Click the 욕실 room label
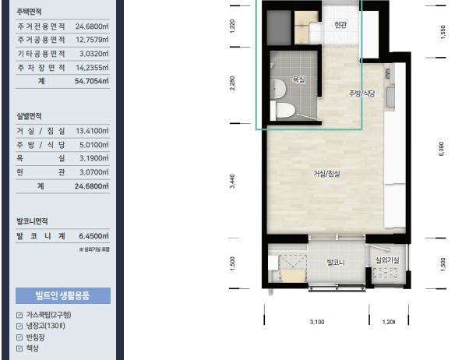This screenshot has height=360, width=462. point(299,79)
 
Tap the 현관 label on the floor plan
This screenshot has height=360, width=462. point(339,26)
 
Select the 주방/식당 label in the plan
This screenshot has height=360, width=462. point(362,94)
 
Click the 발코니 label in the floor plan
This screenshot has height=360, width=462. point(336,263)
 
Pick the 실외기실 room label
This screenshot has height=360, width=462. point(386,259)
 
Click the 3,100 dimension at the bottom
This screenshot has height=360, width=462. point(317,321)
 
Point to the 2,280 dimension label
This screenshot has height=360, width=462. point(232,83)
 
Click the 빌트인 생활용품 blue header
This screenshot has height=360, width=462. point(62,295)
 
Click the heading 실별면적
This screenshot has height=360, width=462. point(30,115)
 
